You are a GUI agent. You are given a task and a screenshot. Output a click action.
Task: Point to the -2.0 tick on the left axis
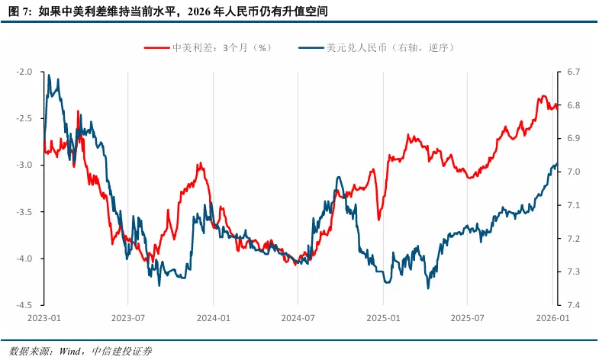point(24,72)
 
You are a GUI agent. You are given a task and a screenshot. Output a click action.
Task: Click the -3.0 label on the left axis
point(24,166)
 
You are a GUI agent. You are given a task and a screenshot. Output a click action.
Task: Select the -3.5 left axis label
point(24,212)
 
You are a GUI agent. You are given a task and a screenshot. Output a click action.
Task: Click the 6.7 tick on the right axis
point(573,72)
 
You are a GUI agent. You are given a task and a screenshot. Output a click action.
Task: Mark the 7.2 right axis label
point(573,239)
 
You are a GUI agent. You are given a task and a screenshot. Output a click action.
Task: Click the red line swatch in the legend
point(157,47)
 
